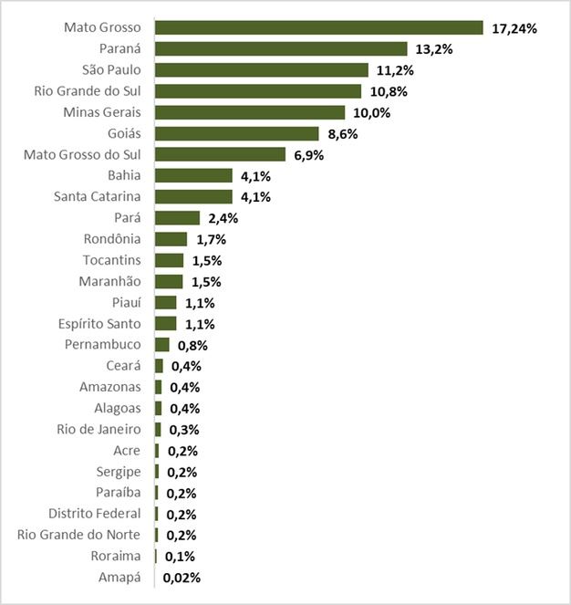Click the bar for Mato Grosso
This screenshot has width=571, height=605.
point(318,27)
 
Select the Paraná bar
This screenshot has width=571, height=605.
point(281,48)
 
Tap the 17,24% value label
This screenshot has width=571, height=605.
point(514,28)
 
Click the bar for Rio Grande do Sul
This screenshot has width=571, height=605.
point(258,91)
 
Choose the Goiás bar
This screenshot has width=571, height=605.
point(236,133)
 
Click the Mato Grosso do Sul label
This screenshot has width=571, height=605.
point(82,154)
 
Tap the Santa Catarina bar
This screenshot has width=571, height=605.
point(193,196)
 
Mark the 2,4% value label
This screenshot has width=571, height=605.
point(222,218)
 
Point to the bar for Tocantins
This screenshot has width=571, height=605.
point(169,260)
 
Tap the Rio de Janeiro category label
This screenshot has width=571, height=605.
point(98,429)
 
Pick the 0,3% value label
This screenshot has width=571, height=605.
point(183,430)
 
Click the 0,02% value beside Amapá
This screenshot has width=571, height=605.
point(182,577)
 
